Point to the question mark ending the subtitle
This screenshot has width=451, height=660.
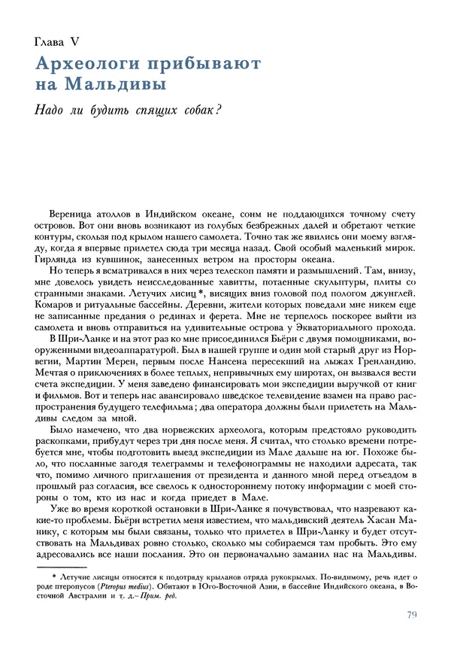[x=216, y=108]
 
